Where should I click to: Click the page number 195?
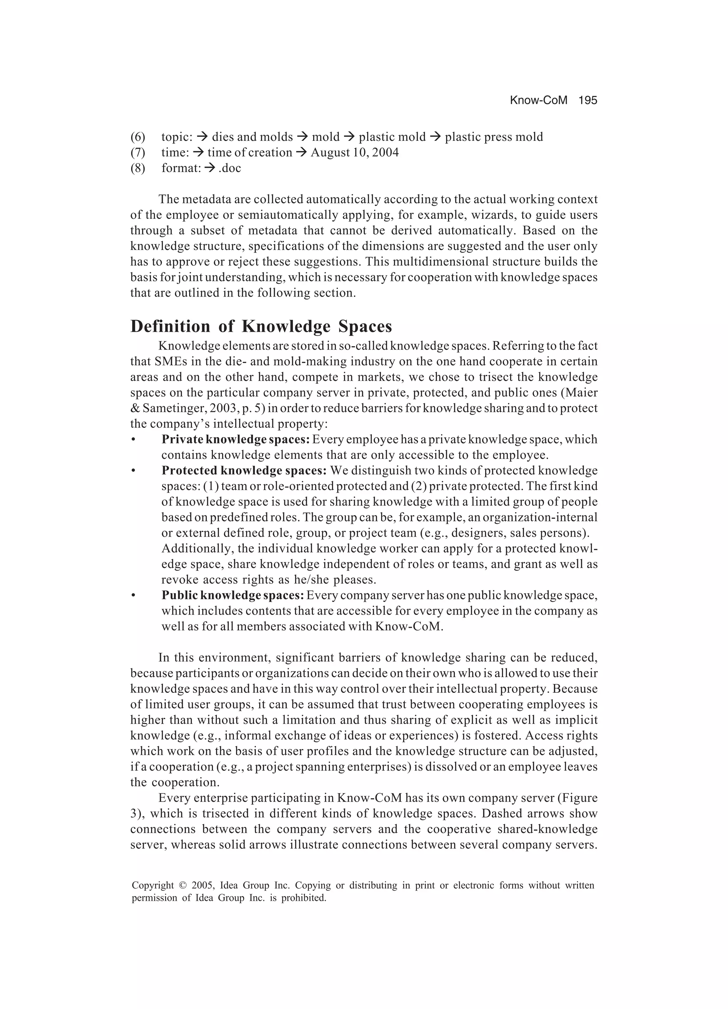click(x=588, y=101)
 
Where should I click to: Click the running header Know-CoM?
click(x=538, y=101)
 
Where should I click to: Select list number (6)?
click(x=138, y=137)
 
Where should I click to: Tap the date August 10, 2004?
click(x=354, y=153)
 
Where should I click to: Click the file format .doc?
click(x=230, y=168)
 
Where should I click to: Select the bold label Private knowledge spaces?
click(x=235, y=440)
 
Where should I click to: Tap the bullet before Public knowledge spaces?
click(x=133, y=596)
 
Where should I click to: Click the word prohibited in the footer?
click(x=304, y=898)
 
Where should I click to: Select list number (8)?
click(x=138, y=168)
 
